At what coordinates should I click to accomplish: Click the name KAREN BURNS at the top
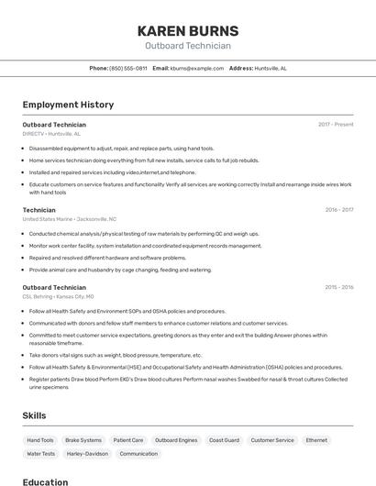[188, 30]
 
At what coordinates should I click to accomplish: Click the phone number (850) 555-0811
[128, 68]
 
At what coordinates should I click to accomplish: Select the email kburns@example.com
[197, 68]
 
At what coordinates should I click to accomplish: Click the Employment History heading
[68, 105]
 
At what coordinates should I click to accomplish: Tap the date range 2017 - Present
[336, 124]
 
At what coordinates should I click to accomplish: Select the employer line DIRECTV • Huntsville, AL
[52, 134]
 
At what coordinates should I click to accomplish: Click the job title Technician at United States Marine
[39, 210]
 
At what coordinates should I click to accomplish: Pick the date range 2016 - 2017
[338, 210]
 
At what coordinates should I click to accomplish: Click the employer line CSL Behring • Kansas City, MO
[58, 297]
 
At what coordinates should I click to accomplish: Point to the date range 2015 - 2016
[338, 287]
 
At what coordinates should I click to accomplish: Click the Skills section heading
[35, 415]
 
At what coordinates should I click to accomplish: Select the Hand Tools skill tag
[40, 440]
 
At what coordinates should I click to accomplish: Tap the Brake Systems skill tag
[83, 440]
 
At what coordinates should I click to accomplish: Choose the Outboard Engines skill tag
[176, 440]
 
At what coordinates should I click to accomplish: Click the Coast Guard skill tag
[224, 440]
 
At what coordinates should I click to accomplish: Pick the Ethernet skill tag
[316, 440]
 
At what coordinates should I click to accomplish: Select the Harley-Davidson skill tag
[88, 454]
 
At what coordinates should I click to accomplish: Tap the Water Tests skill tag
[41, 454]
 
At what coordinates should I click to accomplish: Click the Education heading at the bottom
[45, 481]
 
